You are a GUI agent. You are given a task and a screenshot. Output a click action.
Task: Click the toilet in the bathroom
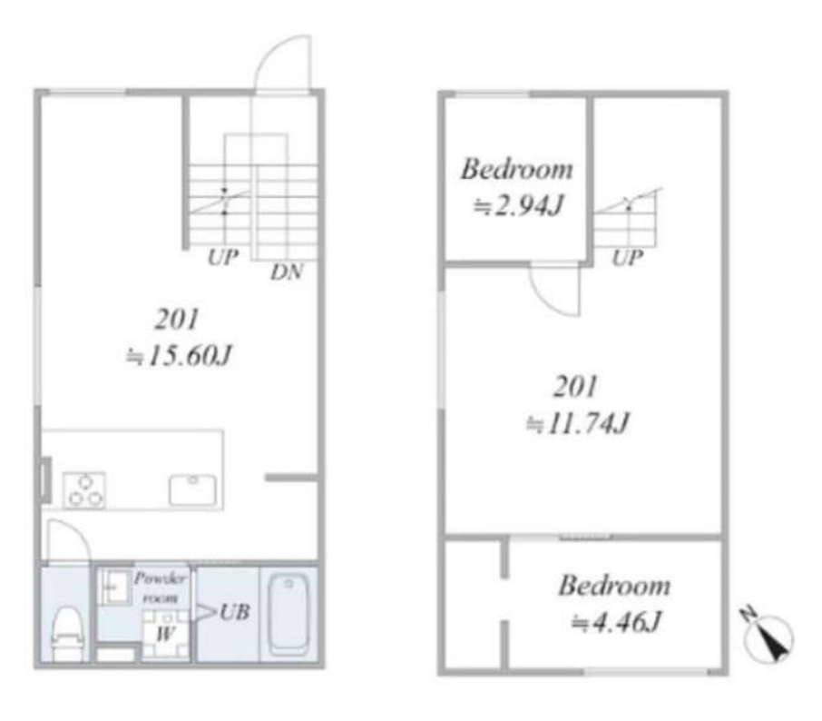click(68, 633)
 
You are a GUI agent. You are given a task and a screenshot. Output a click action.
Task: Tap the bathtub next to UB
click(289, 615)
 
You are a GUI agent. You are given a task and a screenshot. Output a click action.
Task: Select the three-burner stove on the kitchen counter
click(83, 490)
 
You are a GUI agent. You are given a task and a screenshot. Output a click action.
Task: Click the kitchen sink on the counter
click(193, 490)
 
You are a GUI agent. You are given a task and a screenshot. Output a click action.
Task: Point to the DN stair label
click(287, 272)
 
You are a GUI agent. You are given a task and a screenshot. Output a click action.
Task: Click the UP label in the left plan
click(223, 257)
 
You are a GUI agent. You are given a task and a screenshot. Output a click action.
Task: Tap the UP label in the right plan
click(628, 258)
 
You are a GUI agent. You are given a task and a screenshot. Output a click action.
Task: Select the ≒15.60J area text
click(179, 355)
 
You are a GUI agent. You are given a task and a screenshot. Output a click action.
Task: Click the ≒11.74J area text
click(578, 423)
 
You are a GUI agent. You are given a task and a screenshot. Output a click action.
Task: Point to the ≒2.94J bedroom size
click(518, 206)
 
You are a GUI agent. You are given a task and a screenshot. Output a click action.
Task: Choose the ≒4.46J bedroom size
click(617, 622)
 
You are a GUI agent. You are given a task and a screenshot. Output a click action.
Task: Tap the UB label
click(234, 612)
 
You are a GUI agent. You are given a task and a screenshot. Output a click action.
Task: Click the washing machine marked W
click(166, 633)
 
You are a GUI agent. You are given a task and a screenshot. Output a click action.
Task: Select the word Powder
click(160, 578)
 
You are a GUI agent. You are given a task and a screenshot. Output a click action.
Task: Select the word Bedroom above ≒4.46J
click(614, 585)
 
